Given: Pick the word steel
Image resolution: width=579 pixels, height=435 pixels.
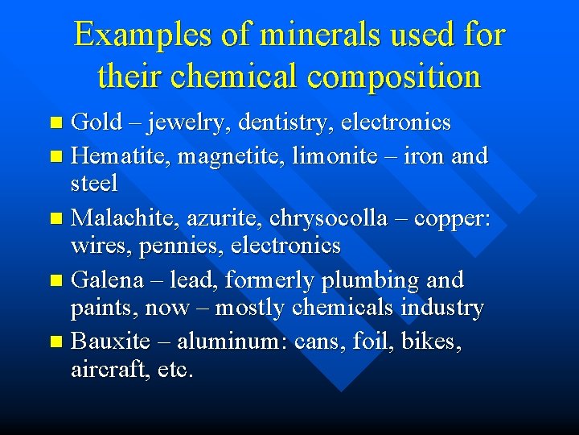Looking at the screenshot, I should coord(94,183).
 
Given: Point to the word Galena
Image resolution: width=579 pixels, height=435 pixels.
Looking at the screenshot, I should coord(106,280).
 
